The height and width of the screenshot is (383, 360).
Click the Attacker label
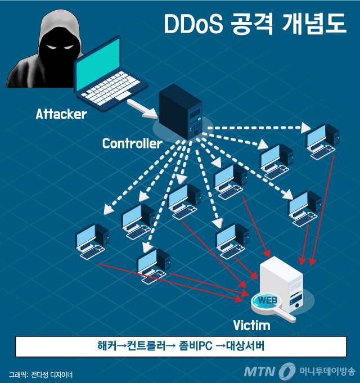(61, 114)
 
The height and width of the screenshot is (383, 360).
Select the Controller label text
(132, 143)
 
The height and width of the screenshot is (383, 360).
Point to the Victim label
(251, 326)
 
